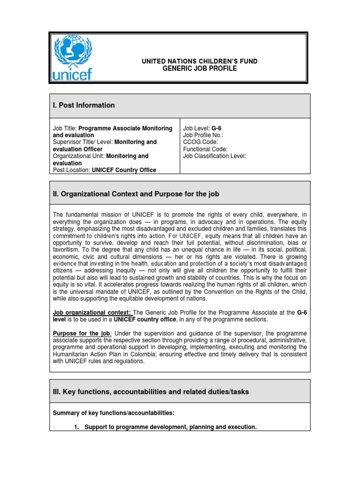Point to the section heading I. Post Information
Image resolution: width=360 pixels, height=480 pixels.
[x=84, y=105]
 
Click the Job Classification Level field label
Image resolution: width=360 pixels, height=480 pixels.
[x=214, y=156]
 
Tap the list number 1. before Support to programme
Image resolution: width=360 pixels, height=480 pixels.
[x=76, y=427]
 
